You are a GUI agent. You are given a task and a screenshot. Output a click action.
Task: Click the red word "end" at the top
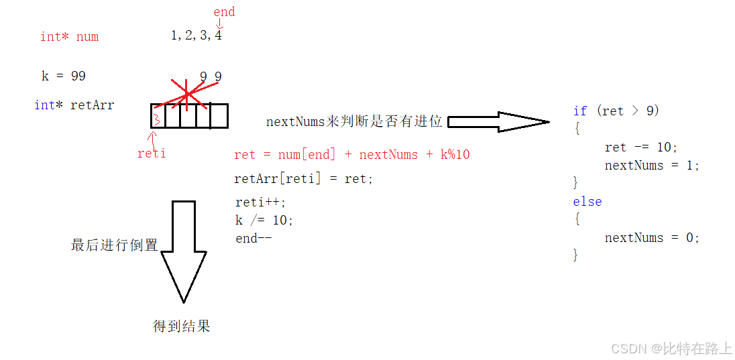click(x=224, y=12)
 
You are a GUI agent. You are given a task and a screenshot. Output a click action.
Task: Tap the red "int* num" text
click(x=69, y=37)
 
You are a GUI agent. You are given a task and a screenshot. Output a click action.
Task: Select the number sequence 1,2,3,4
click(x=196, y=36)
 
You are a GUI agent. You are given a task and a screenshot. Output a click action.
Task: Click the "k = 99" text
click(x=64, y=76)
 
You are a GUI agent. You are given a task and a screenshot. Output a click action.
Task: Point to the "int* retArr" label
click(x=74, y=105)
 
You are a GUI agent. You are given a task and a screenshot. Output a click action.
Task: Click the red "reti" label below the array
click(x=152, y=154)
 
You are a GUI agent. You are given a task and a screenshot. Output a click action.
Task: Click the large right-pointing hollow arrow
click(x=498, y=121)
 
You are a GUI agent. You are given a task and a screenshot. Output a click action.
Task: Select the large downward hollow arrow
click(x=183, y=251)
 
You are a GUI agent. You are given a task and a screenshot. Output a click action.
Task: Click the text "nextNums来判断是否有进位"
click(x=354, y=122)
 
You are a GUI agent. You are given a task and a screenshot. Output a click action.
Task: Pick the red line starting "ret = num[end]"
click(x=351, y=155)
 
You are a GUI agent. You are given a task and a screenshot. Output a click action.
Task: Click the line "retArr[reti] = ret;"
click(x=303, y=179)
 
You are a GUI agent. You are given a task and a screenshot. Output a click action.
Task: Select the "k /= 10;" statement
click(x=264, y=220)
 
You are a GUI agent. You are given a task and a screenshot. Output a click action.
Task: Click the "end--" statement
click(x=253, y=238)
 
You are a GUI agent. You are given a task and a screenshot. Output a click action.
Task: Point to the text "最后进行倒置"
click(x=114, y=245)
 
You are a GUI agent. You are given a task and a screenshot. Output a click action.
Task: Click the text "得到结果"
click(x=182, y=326)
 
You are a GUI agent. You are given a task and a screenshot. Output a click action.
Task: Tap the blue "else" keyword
click(x=587, y=202)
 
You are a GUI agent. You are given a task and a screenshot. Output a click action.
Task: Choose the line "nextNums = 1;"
click(x=652, y=166)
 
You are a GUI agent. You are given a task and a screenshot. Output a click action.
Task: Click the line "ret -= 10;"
click(x=641, y=147)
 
